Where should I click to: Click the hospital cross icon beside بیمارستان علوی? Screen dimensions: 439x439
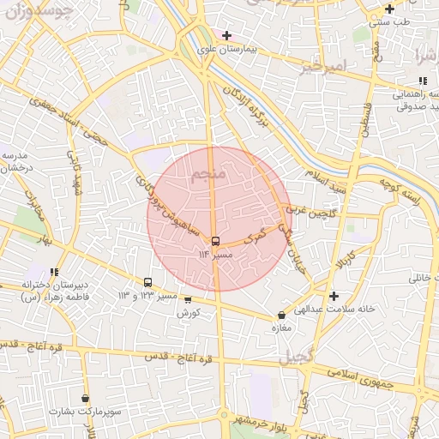point(226,36)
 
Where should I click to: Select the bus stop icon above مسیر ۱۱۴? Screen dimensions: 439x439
point(214,241)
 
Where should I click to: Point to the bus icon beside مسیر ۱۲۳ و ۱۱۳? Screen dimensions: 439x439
point(148,282)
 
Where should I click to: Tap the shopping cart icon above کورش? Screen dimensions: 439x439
point(188,300)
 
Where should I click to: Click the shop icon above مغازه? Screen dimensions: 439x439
point(282,315)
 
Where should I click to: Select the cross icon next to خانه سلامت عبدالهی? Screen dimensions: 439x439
point(334,296)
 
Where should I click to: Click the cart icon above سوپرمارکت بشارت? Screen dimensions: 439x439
point(85,399)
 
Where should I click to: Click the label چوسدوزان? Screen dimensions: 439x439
point(39,15)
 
